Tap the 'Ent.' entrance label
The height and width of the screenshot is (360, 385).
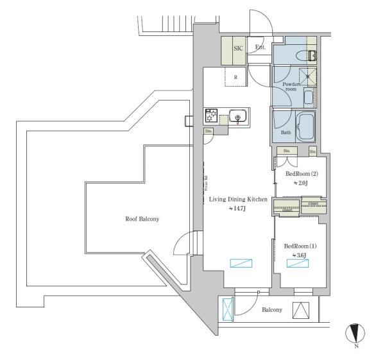260,47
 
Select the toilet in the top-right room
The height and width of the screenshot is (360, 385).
312,55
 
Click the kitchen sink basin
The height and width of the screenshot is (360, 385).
237,117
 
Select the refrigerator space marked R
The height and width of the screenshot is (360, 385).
235,77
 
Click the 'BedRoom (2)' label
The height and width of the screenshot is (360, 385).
301,174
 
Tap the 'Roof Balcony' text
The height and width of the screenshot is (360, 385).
142,219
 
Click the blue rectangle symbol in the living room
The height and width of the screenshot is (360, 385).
242,262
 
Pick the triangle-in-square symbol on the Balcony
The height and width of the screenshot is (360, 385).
300,310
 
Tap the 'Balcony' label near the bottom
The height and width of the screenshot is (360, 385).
272,310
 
